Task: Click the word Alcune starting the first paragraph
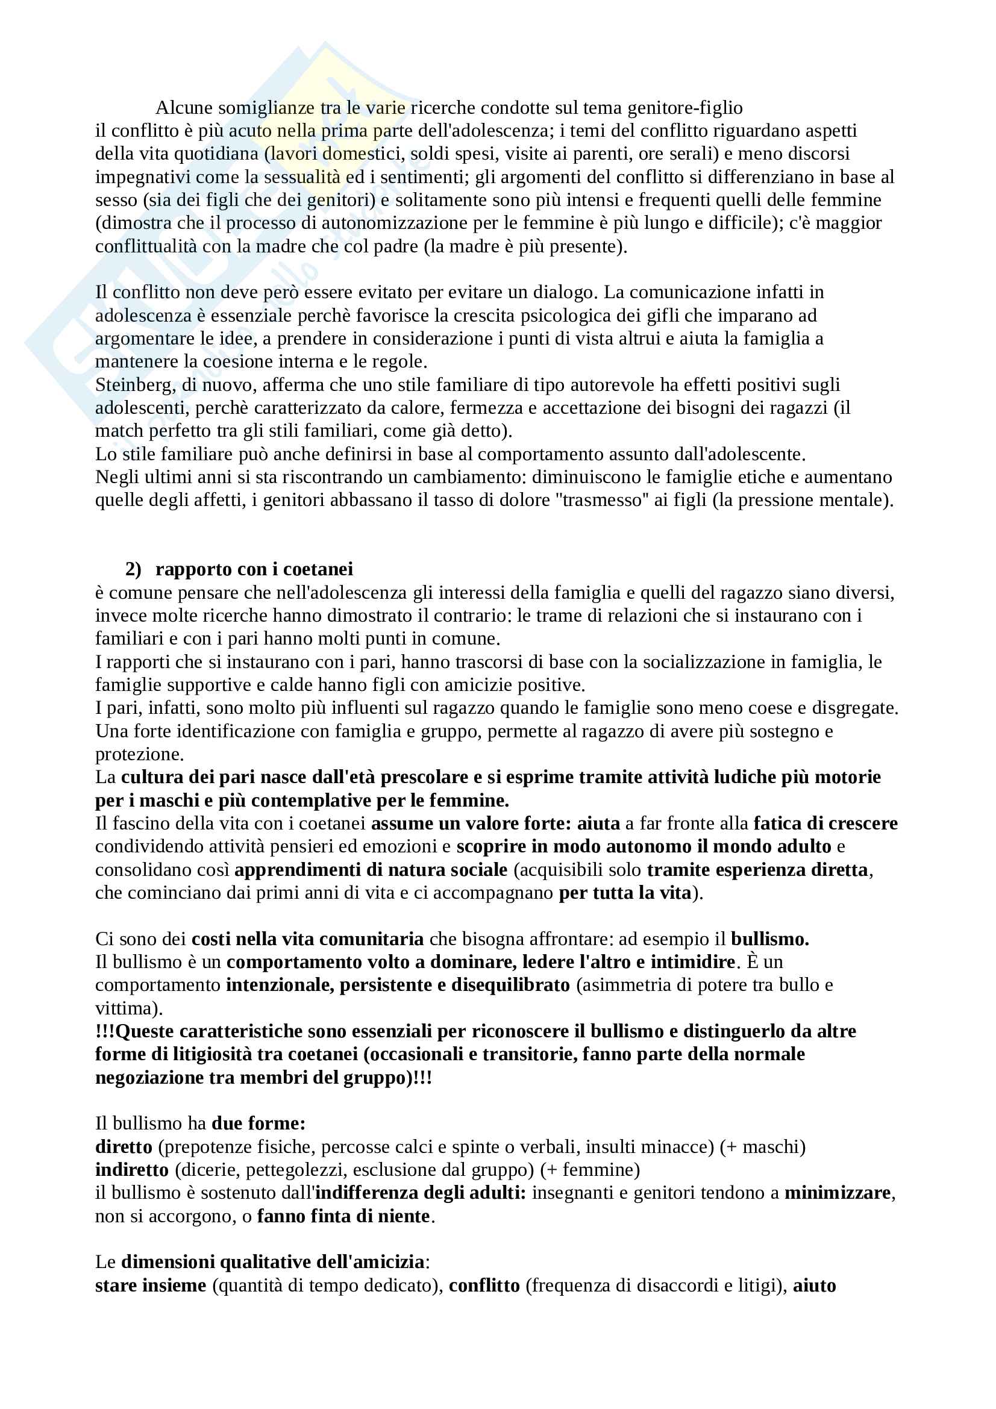click(x=185, y=108)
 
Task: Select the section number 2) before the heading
click(x=133, y=569)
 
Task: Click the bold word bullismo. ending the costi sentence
click(x=769, y=939)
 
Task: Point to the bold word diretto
click(x=124, y=1147)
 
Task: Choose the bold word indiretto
click(x=131, y=1170)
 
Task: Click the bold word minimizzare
click(x=837, y=1193)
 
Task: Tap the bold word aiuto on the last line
click(x=815, y=1286)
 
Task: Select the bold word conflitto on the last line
click(x=484, y=1286)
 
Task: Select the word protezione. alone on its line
click(x=139, y=754)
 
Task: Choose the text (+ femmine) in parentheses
click(x=590, y=1170)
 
